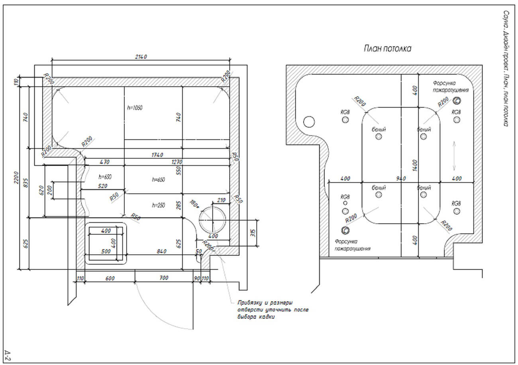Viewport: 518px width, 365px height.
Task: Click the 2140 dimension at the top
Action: (x=141, y=57)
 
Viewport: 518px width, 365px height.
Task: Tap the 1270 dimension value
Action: (x=177, y=162)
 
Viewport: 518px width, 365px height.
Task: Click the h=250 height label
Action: (x=158, y=205)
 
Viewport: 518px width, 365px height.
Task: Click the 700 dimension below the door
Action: (x=163, y=277)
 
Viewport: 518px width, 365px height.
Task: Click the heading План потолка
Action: (x=387, y=49)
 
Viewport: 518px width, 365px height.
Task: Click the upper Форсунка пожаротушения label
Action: (x=450, y=87)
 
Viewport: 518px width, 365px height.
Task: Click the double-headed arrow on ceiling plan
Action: (x=454, y=155)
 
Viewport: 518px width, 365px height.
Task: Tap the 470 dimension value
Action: (x=104, y=162)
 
